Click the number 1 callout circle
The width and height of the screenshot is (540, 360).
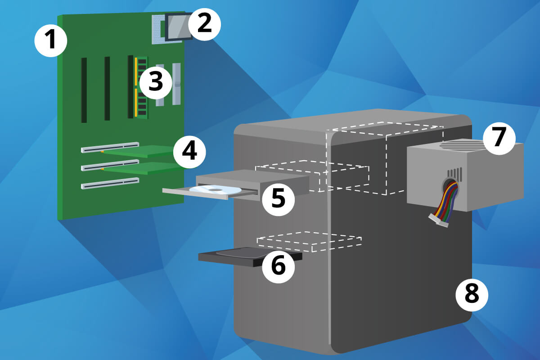click(50, 40)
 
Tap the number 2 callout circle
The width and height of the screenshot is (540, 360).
click(204, 24)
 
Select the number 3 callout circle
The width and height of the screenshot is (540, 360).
click(156, 82)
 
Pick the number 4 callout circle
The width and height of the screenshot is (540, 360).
click(189, 152)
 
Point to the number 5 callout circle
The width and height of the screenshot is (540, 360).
click(279, 199)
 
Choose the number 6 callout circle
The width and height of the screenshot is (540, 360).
click(279, 266)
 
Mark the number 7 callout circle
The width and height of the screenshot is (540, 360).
click(499, 138)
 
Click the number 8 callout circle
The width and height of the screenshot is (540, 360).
click(472, 295)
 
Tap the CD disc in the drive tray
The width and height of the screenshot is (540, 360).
click(215, 190)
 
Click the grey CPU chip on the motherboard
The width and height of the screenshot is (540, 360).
click(178, 27)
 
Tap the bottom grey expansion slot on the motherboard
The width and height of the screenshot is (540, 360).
click(110, 183)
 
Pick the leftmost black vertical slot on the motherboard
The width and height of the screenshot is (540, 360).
click(84, 90)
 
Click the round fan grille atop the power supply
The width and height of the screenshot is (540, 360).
click(462, 145)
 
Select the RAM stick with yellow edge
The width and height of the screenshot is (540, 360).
click(141, 88)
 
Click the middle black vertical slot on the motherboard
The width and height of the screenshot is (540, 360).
click(107, 89)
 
